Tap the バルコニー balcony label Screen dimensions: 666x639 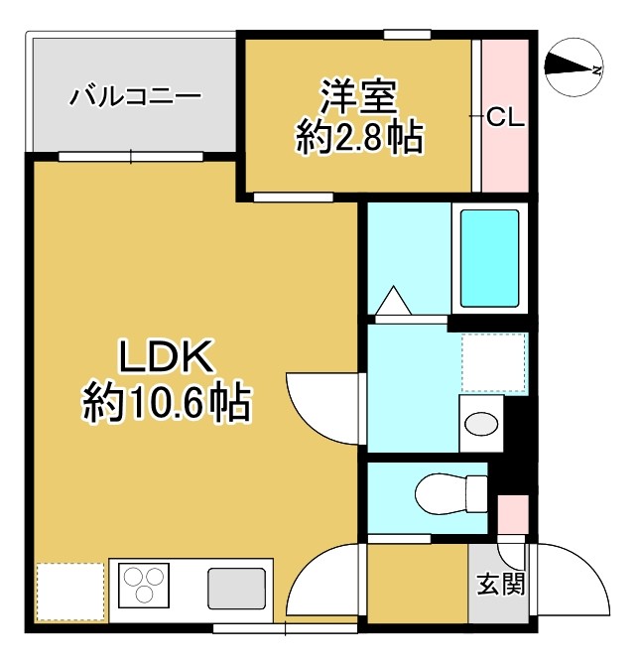pyautogui.click(x=135, y=97)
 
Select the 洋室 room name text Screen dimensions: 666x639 pyautogui.click(x=358, y=97)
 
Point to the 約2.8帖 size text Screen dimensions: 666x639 pyautogui.click(x=358, y=137)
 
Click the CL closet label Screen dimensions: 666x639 pyautogui.click(x=505, y=117)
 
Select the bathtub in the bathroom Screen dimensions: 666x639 pyautogui.click(x=490, y=257)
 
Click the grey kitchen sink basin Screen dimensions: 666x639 pyautogui.click(x=237, y=589)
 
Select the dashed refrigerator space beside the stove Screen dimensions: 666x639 pyautogui.click(x=69, y=592)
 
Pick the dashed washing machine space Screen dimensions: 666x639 pyautogui.click(x=494, y=362)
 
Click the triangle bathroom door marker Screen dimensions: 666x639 pyautogui.click(x=393, y=299)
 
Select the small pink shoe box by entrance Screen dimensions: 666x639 pyautogui.click(x=512, y=515)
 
